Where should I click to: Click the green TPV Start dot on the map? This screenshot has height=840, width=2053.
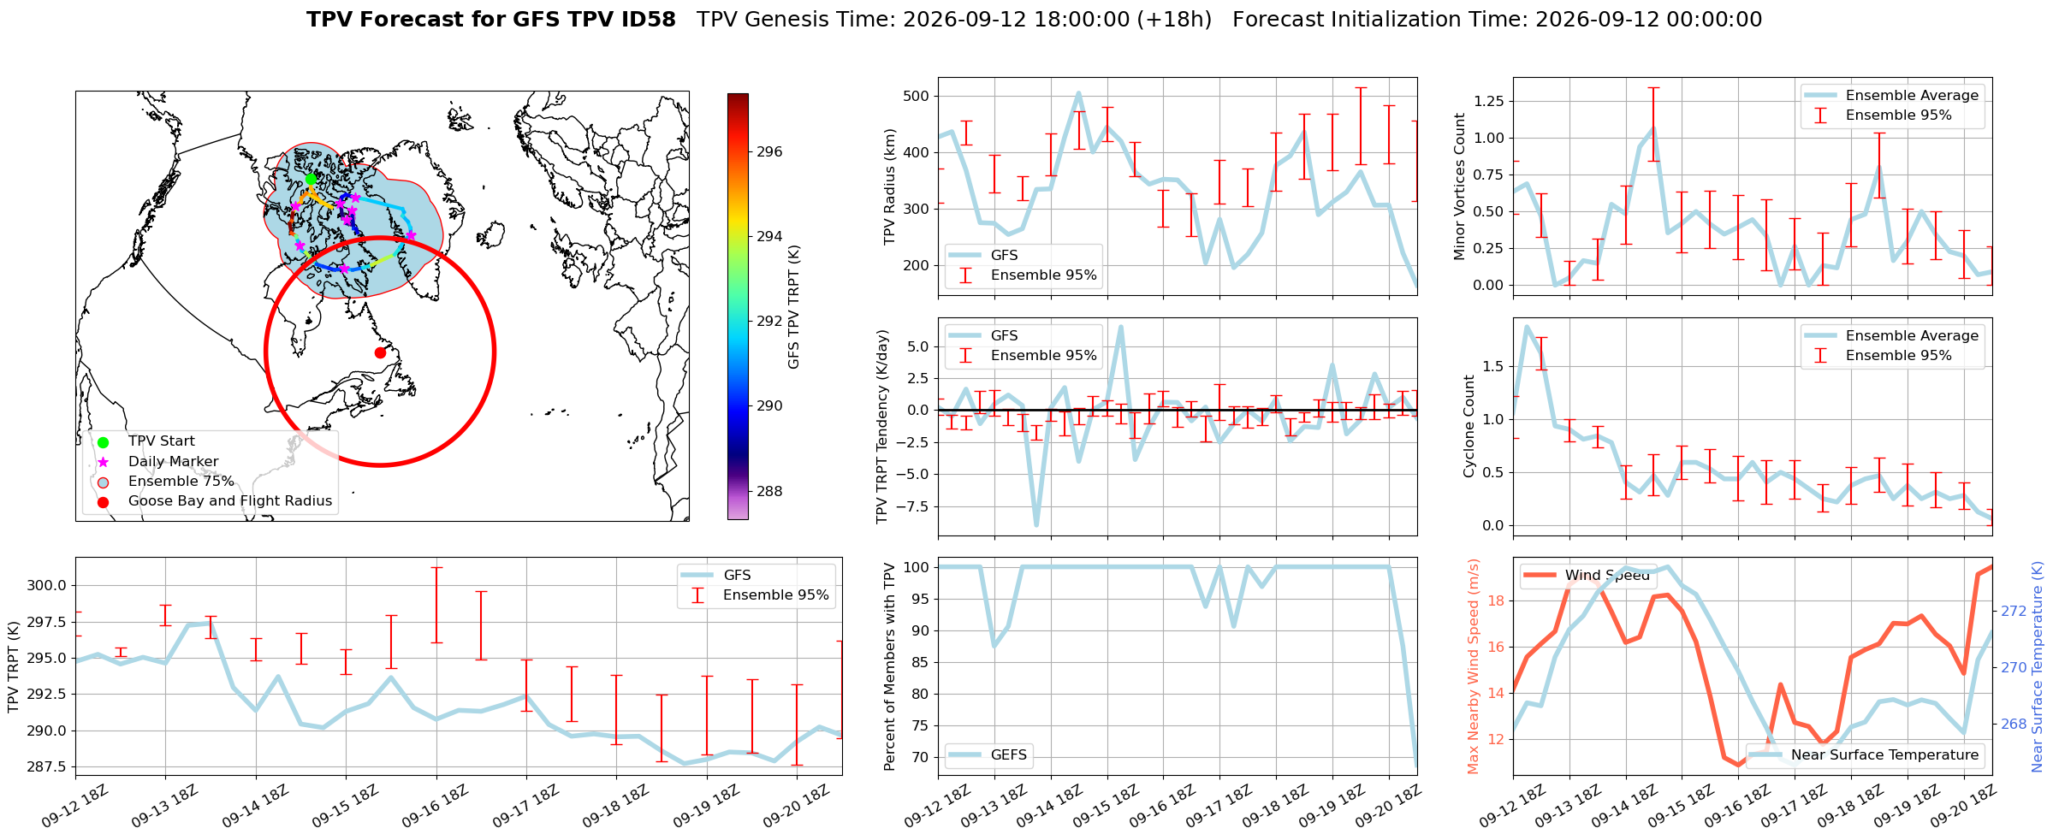pyautogui.click(x=311, y=179)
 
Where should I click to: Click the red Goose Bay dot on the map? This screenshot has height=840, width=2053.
pyautogui.click(x=380, y=352)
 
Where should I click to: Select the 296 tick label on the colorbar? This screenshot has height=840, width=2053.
pyautogui.click(x=769, y=152)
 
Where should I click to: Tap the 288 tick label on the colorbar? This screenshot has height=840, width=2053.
pyautogui.click(x=769, y=491)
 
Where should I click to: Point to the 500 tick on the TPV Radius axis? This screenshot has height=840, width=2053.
pyautogui.click(x=917, y=96)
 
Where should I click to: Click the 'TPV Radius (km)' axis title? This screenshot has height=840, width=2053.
pyautogui.click(x=889, y=186)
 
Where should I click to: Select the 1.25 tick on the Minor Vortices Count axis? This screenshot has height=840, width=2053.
pyautogui.click(x=1489, y=101)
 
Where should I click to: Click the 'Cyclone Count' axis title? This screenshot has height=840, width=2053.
pyautogui.click(x=1469, y=426)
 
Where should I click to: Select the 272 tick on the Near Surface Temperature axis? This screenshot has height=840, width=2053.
pyautogui.click(x=2013, y=611)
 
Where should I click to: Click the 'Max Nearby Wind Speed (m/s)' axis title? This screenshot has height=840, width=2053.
pyautogui.click(x=1474, y=666)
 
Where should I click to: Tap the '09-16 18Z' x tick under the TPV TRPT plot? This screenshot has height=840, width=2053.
pyautogui.click(x=436, y=805)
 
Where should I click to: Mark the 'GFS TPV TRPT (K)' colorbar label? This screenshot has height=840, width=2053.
pyautogui.click(x=794, y=307)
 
